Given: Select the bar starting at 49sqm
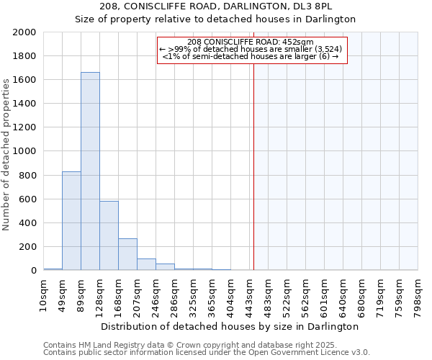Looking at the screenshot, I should pyautogui.click(x=71, y=220).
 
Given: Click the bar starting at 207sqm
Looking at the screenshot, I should pyautogui.click(x=146, y=264).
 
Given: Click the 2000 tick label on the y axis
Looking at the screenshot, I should pyautogui.click(x=25, y=32).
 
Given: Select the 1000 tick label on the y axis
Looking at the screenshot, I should pyautogui.click(x=25, y=152).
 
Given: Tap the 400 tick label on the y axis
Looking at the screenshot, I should pyautogui.click(x=28, y=223).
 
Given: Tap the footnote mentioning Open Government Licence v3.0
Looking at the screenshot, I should pyautogui.click(x=207, y=353).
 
